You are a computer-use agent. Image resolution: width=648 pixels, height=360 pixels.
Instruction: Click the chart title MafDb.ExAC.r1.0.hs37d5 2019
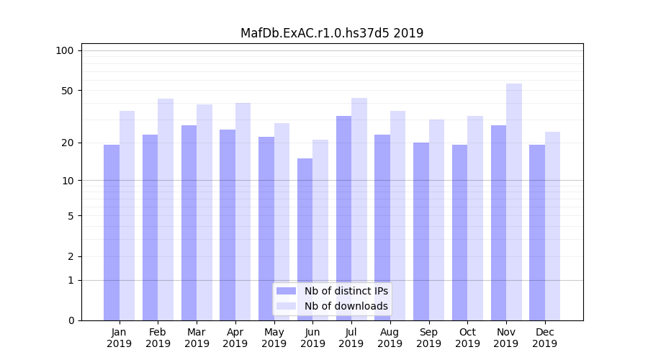[332, 33]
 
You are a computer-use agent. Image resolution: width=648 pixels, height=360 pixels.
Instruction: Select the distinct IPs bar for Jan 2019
[112, 232]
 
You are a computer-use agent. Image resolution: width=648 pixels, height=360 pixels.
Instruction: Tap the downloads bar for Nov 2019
[514, 202]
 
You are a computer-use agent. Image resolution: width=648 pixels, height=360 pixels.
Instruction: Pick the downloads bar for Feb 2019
[166, 209]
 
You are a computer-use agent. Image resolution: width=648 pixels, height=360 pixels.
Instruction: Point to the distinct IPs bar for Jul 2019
[343, 217]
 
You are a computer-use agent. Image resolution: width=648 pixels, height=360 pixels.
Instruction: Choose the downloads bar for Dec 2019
[552, 225]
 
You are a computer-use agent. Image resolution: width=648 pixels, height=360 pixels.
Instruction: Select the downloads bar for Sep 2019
[436, 220]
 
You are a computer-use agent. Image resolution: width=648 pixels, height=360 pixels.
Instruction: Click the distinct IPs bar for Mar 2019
[189, 222]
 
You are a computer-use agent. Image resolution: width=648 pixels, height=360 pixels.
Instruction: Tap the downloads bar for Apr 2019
[243, 211]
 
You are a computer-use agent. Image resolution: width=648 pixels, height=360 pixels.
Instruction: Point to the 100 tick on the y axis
[65, 50]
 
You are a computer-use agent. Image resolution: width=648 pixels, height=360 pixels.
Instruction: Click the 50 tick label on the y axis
[68, 91]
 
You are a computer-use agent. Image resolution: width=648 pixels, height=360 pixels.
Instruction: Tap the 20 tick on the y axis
[68, 143]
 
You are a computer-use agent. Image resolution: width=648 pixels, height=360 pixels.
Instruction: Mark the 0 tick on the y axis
[71, 320]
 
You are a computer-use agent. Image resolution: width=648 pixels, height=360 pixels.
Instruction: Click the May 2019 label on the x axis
[274, 338]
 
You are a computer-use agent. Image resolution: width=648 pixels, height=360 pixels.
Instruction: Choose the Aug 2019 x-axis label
[390, 338]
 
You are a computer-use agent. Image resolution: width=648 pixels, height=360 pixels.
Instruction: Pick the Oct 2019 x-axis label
[467, 338]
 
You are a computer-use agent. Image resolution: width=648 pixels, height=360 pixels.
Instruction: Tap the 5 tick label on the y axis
[71, 215]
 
